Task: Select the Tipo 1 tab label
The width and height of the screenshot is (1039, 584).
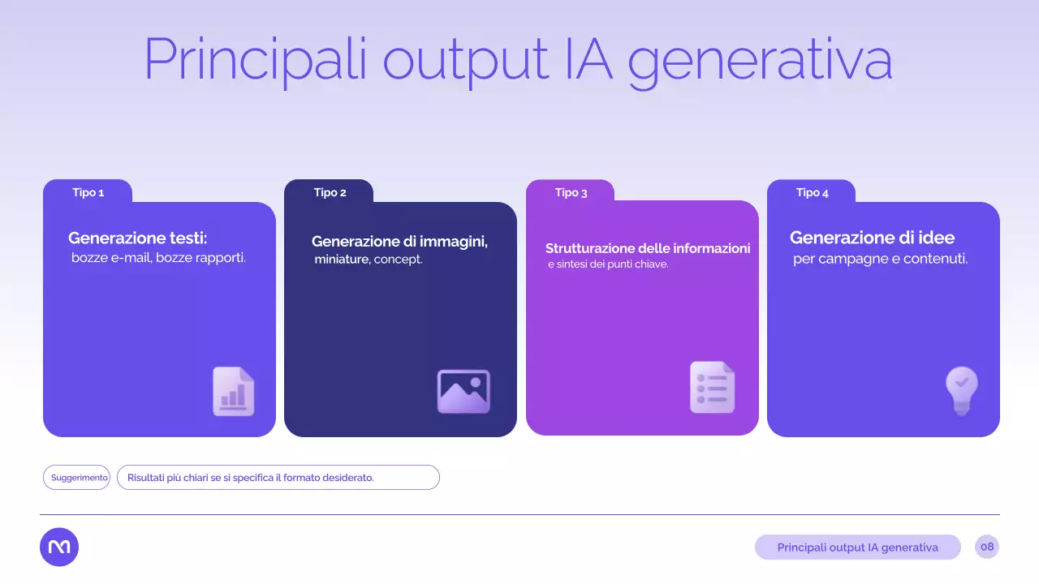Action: (88, 193)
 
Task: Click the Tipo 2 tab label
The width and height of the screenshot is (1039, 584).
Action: (330, 193)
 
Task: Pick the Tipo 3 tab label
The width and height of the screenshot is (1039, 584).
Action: (571, 193)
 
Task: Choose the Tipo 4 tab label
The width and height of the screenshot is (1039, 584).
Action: (812, 193)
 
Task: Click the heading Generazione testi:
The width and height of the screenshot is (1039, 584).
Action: (137, 238)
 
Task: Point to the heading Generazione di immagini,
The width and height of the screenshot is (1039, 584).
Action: (399, 242)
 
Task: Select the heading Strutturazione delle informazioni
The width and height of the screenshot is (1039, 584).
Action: (647, 248)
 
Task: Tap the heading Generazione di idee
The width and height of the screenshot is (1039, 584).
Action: (872, 238)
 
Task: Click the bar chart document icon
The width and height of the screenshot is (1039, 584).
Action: (233, 392)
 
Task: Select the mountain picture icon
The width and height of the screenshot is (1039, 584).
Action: (463, 392)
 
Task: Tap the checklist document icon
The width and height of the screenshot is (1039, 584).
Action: (712, 388)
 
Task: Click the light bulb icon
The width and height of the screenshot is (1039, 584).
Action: (961, 390)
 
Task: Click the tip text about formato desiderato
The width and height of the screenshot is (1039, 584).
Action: (251, 478)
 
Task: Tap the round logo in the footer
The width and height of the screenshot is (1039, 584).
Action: (59, 547)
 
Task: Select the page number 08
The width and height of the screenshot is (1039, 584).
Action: (986, 547)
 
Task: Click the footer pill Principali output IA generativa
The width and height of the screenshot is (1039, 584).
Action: (857, 547)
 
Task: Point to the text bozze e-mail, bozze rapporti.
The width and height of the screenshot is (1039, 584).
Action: (158, 259)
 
